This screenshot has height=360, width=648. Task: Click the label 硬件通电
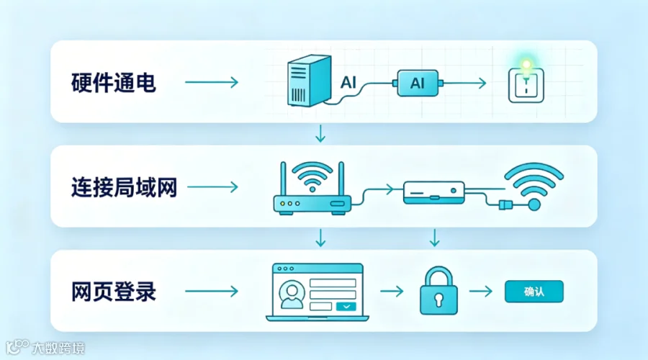[113, 83]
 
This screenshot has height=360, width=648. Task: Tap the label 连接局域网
[124, 187]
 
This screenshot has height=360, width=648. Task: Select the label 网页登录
[113, 292]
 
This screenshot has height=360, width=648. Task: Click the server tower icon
[309, 81]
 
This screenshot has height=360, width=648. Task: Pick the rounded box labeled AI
[418, 83]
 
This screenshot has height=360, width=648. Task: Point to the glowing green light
[526, 65]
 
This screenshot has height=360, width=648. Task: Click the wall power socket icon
[526, 86]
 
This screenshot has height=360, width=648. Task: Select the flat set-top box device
[434, 193]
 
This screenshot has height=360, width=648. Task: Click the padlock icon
[438, 291]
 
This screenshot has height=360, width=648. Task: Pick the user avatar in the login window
[292, 294]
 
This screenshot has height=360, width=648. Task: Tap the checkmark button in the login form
[346, 307]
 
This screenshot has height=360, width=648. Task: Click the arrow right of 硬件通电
[212, 82]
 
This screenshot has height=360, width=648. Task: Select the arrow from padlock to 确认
[481, 291]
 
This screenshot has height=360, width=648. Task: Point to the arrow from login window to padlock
[392, 291]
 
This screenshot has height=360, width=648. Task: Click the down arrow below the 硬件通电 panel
[320, 133]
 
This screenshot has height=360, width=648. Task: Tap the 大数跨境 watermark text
[58, 348]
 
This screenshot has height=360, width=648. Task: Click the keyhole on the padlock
[438, 299]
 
